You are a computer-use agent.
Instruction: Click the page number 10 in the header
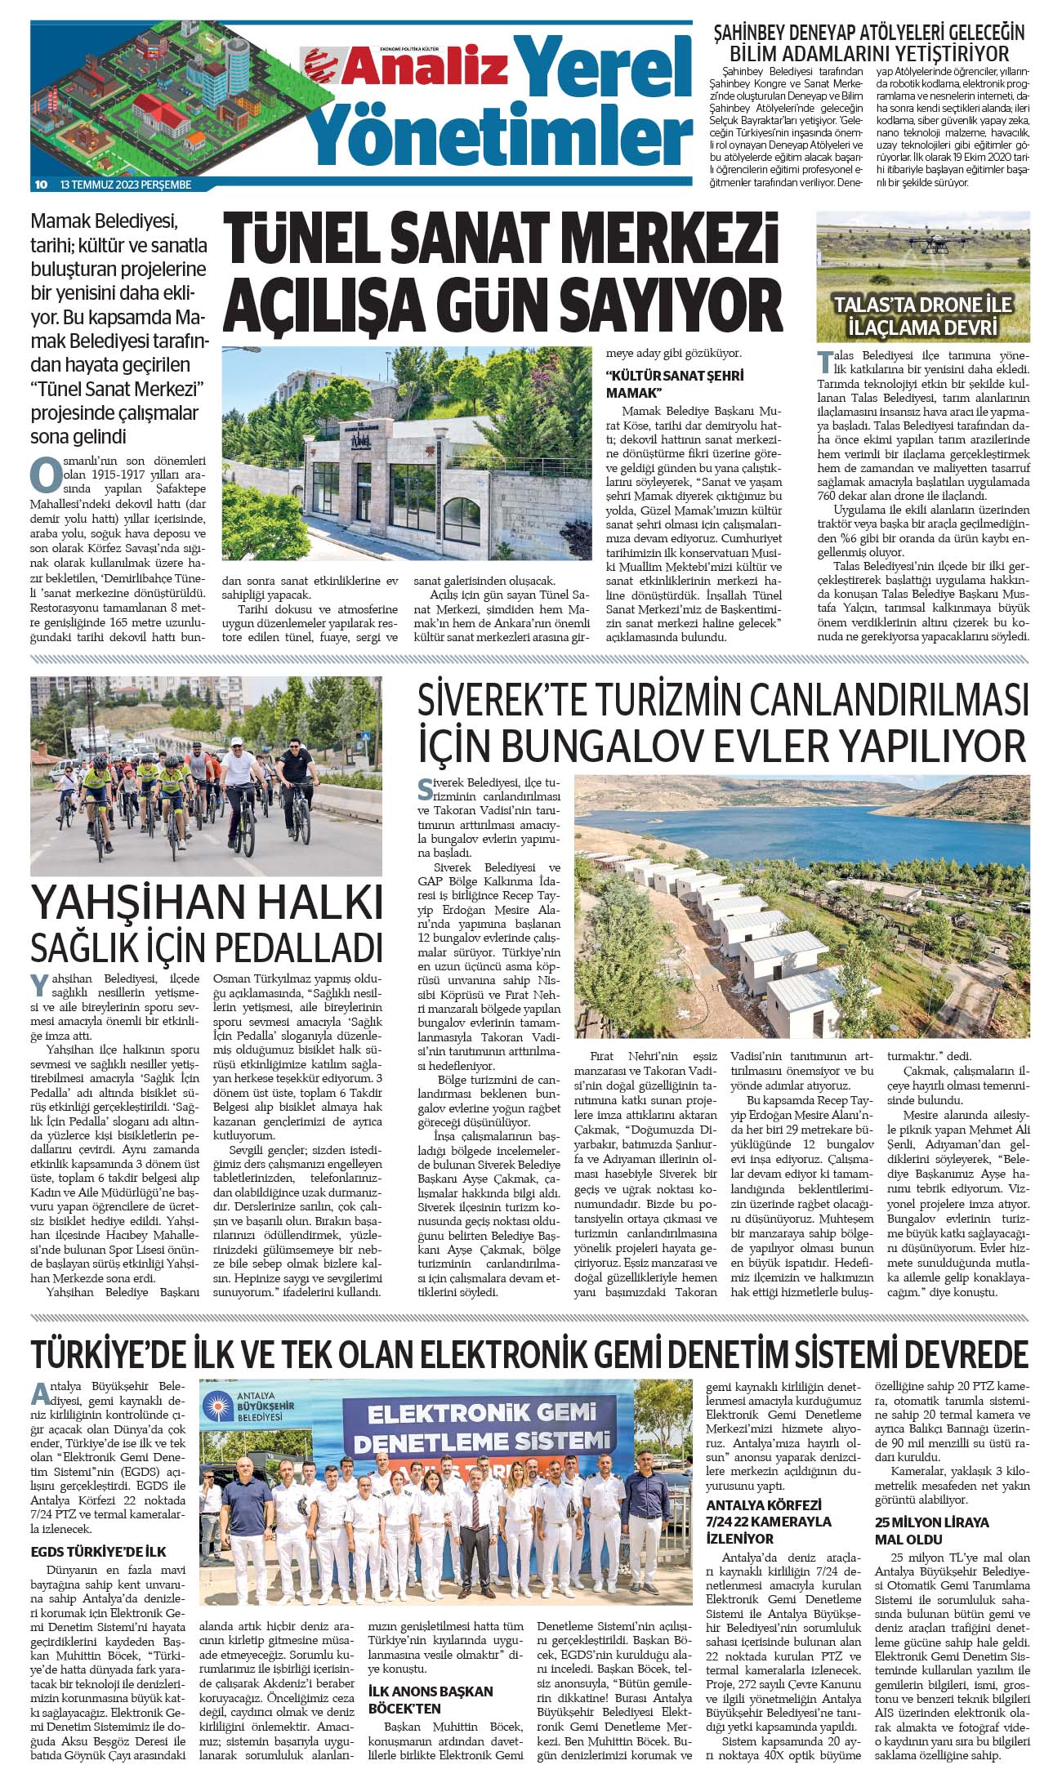[x=40, y=185]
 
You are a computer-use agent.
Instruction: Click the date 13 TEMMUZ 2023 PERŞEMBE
[x=126, y=185]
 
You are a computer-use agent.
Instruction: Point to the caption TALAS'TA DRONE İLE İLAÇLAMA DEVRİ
[x=922, y=315]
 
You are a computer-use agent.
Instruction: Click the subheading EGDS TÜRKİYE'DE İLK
[x=98, y=1551]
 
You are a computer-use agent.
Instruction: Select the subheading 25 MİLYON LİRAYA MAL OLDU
[x=931, y=1530]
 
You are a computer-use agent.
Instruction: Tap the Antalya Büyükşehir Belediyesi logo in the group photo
[x=245, y=1410]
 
